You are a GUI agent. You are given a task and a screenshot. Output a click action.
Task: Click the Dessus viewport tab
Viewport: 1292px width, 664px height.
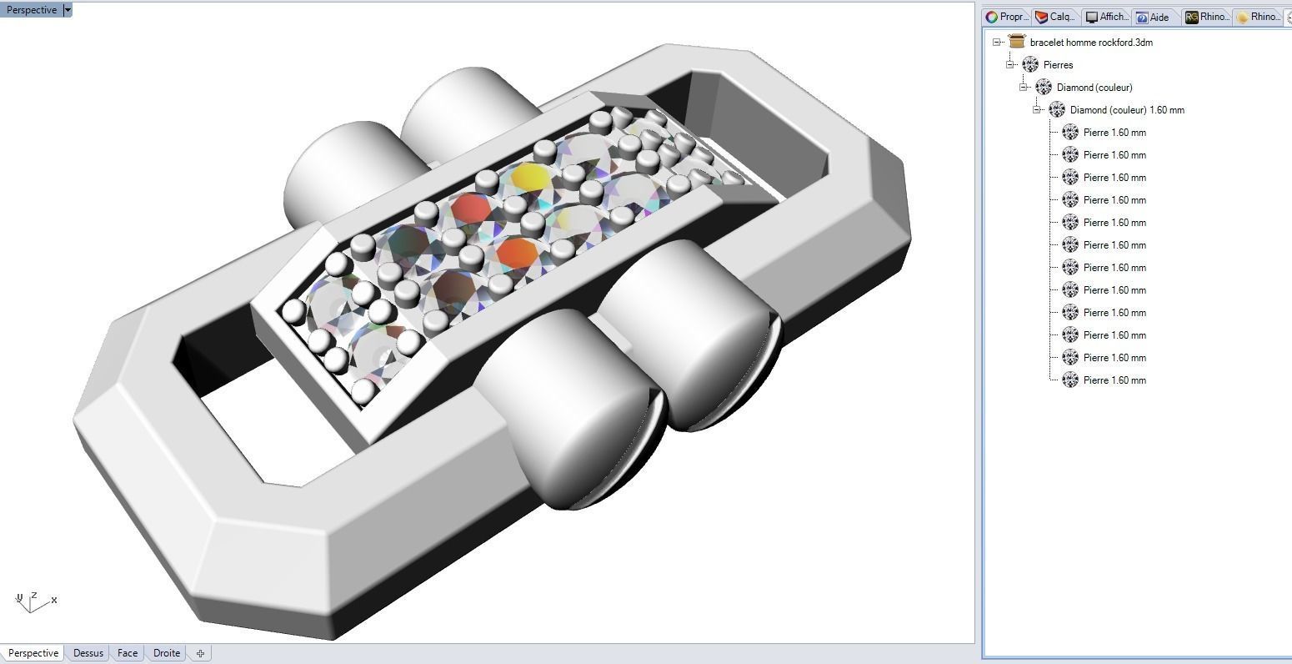[x=88, y=653]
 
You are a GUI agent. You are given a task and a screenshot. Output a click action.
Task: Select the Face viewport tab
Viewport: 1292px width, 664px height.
[x=128, y=653]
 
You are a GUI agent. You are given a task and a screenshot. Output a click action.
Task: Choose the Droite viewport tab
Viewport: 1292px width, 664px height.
[x=167, y=653]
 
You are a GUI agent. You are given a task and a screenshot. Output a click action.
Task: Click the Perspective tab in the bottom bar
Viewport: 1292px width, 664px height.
[x=33, y=653]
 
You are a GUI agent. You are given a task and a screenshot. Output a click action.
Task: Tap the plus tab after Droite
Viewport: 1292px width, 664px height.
[x=200, y=653]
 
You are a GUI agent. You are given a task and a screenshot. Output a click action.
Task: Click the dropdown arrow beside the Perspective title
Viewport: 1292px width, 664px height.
[x=68, y=10]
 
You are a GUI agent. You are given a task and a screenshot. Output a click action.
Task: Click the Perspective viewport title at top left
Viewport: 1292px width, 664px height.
[x=32, y=10]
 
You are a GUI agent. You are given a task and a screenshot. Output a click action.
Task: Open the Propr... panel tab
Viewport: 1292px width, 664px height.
[x=1006, y=17]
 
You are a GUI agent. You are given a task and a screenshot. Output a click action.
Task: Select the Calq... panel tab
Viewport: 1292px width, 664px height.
[x=1054, y=17]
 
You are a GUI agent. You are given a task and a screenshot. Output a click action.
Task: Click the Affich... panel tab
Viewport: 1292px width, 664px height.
[x=1106, y=17]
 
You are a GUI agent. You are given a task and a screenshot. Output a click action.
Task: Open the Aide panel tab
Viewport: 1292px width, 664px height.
[x=1153, y=17]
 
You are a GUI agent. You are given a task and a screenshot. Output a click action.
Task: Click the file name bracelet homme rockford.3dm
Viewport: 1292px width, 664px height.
[x=1091, y=42]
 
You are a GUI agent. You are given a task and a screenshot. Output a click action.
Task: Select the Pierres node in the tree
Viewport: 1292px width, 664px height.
[x=1058, y=64]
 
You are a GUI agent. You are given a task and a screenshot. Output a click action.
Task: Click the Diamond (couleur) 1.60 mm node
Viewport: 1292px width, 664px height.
[x=1126, y=109]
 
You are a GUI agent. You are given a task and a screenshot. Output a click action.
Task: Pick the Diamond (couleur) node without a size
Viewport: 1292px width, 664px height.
[x=1094, y=87]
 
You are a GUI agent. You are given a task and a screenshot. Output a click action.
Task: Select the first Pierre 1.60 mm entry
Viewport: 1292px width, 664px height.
[x=1114, y=132]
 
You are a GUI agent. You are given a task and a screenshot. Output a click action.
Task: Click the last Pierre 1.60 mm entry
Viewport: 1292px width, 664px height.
[x=1114, y=380]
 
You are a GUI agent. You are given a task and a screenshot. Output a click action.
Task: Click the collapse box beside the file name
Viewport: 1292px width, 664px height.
[x=997, y=42]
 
